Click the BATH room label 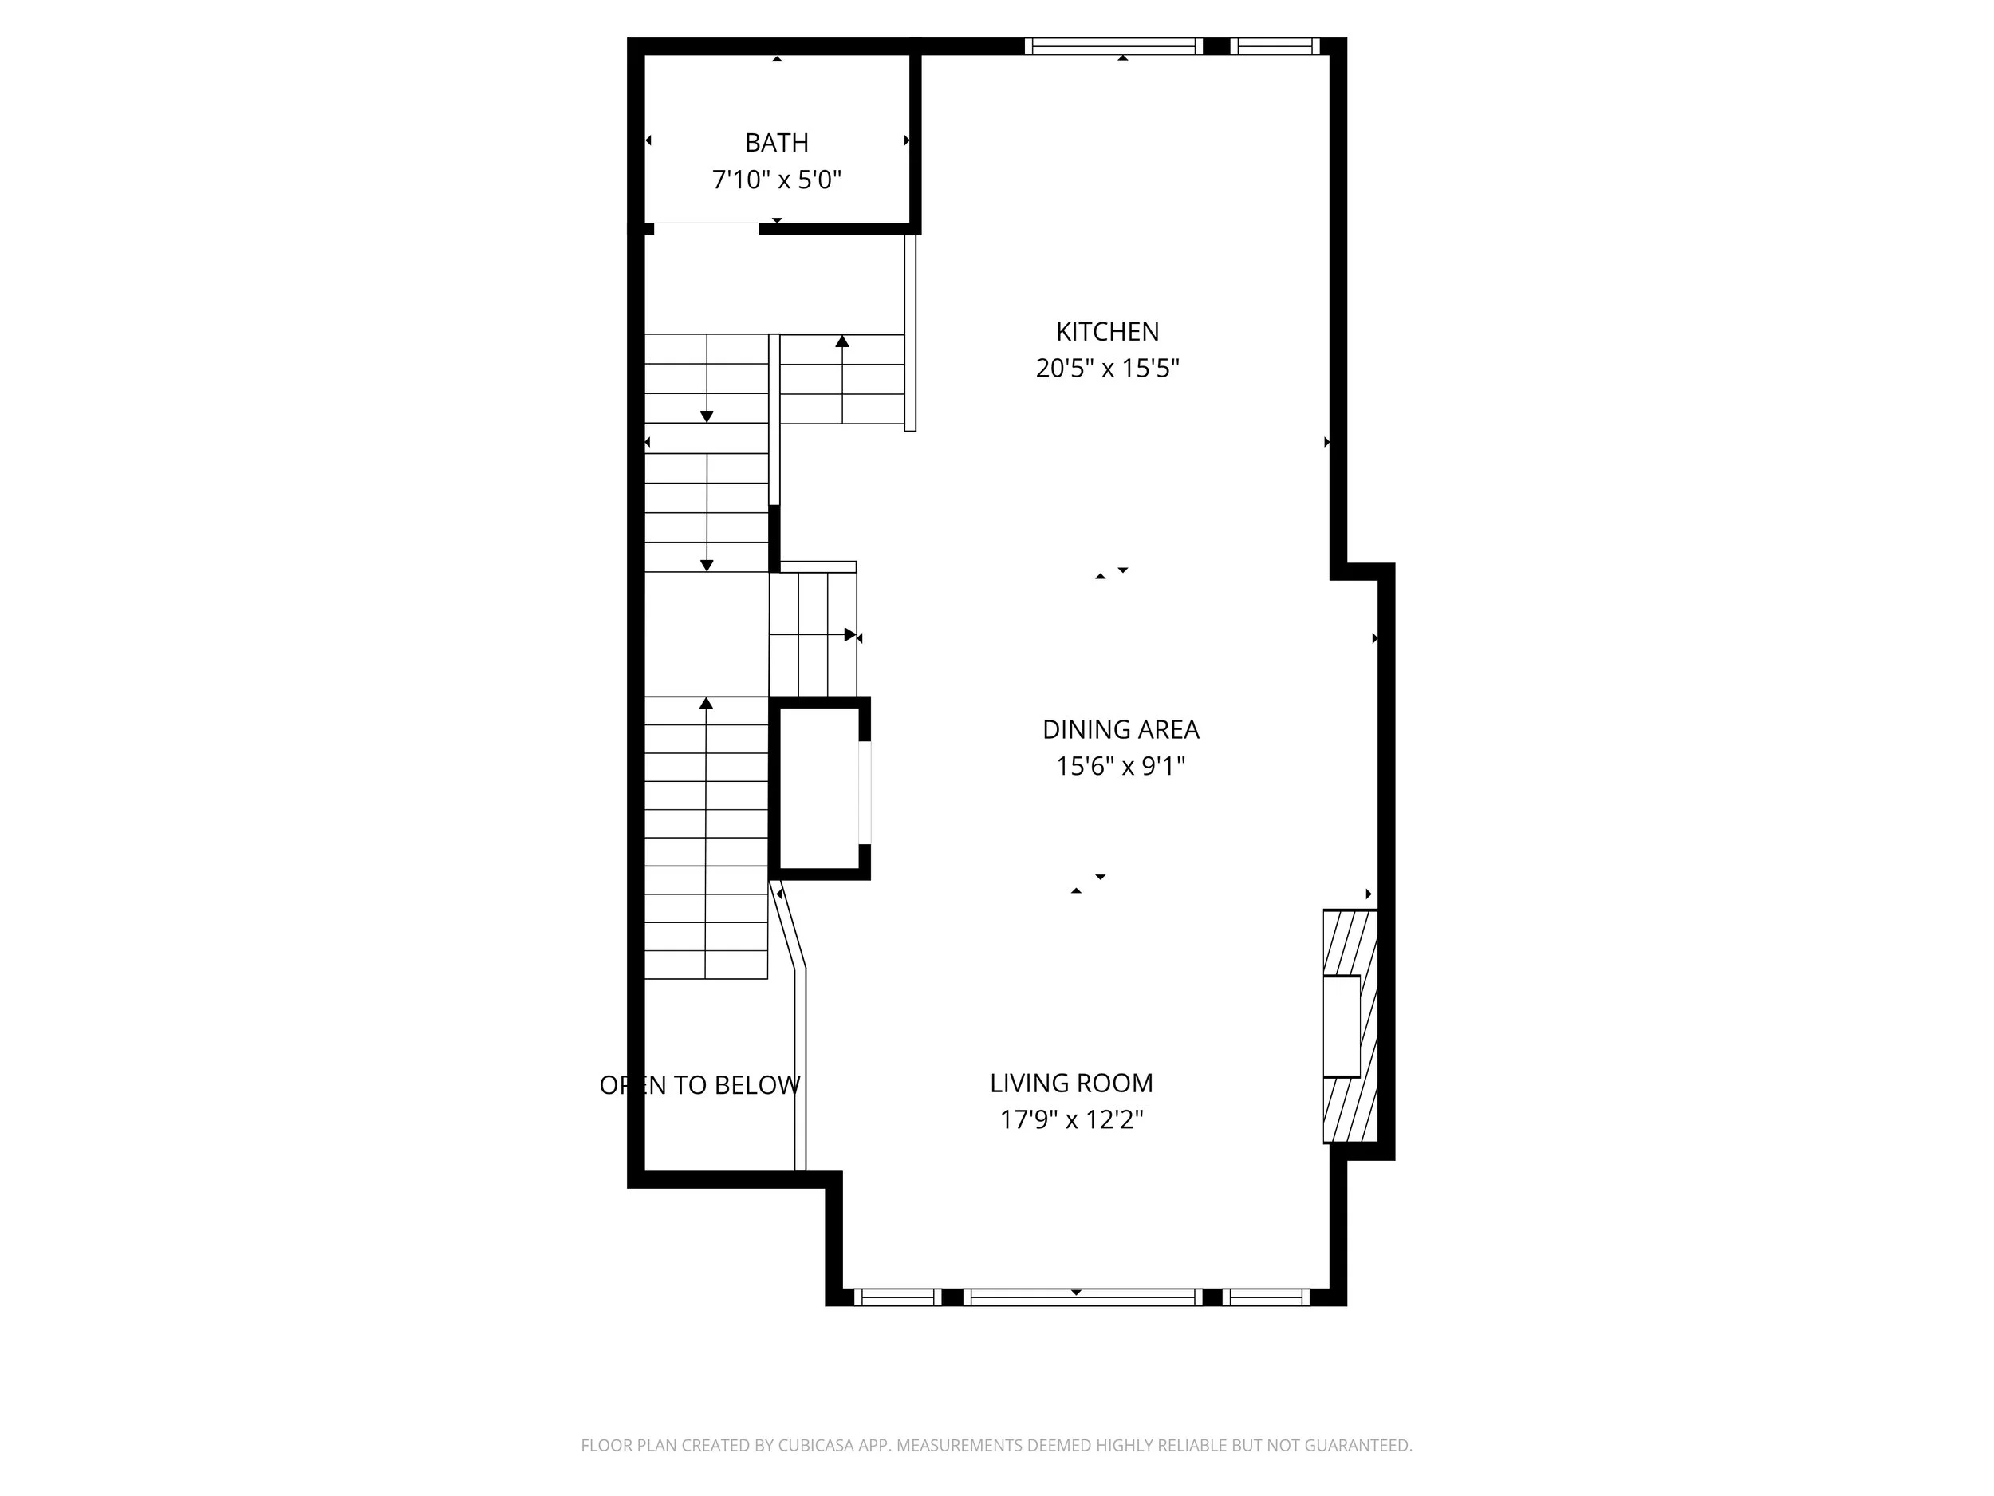click(x=776, y=143)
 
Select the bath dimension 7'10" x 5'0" click(x=776, y=180)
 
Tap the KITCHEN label click(x=1107, y=332)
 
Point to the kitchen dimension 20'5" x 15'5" click(x=1107, y=369)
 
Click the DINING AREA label click(x=1121, y=729)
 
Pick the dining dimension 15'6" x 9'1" click(x=1121, y=767)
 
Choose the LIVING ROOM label click(x=1071, y=1083)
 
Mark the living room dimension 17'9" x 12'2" click(x=1071, y=1120)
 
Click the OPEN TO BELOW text click(x=699, y=1086)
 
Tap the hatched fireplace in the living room click(x=1350, y=1026)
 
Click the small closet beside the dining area click(x=818, y=788)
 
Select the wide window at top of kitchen click(x=1113, y=46)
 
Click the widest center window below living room click(x=1082, y=1297)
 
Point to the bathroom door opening click(x=706, y=228)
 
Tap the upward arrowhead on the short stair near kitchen click(x=842, y=341)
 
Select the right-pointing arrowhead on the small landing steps click(x=850, y=635)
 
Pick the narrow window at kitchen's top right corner click(x=1275, y=46)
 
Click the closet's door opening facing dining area click(x=865, y=792)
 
